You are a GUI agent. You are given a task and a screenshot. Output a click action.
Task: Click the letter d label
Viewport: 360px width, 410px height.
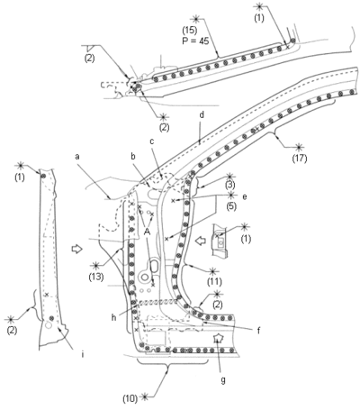point(202,115)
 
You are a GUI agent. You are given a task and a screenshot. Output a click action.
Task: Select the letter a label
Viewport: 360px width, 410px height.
point(77,157)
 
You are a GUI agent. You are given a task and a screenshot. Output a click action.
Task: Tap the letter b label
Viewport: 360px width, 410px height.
point(133,156)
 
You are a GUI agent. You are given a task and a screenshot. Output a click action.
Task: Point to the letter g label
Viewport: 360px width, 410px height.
point(223,380)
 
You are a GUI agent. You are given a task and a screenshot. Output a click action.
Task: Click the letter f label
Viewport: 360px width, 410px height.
point(258,331)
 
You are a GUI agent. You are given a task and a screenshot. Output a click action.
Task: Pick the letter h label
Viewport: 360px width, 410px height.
point(113,317)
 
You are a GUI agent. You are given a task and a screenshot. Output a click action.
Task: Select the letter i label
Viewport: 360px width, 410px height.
point(83,355)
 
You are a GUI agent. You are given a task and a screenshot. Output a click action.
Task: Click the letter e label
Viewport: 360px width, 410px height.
point(245,197)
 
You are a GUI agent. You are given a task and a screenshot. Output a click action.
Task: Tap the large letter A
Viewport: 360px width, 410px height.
point(147,232)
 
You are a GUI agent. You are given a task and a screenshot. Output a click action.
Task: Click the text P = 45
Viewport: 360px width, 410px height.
point(195,41)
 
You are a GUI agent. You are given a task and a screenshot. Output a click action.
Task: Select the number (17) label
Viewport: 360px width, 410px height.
point(300,158)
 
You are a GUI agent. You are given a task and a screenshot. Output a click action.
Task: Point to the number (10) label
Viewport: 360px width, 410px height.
point(130,398)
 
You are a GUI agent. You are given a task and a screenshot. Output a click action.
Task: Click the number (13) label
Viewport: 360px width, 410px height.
point(96,277)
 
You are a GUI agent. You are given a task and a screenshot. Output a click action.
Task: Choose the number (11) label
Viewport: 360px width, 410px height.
point(214,282)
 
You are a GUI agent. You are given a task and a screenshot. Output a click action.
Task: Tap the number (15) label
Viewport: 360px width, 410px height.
point(190,31)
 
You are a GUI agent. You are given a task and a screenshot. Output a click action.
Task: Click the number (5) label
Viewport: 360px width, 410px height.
point(230,206)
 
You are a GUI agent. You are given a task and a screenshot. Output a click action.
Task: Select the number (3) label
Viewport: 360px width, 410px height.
point(229,184)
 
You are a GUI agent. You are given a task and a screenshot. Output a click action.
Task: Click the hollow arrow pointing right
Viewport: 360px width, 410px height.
point(77,249)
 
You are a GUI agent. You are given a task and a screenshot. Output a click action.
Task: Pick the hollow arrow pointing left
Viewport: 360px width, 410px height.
point(200,241)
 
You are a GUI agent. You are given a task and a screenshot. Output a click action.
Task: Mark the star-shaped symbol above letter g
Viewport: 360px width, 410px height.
point(218,338)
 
